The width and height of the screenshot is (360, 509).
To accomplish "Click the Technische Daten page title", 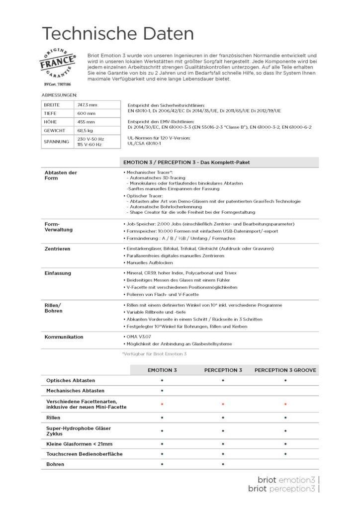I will coord(118,34).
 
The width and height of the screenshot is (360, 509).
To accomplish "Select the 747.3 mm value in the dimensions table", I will coord(87,105).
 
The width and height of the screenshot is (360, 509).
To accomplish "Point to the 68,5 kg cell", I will coord(86,130).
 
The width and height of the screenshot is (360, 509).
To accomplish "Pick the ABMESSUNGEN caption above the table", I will coord(59,94).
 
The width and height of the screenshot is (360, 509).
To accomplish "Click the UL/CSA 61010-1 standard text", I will coord(144,143).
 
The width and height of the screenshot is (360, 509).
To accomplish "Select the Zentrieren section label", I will coord(57,248).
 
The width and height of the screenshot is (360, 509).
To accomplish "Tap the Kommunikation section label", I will coord(64,337).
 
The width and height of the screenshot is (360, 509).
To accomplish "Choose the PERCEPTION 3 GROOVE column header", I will coord(285,370).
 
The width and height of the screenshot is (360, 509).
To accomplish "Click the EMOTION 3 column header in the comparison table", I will coord(162,370).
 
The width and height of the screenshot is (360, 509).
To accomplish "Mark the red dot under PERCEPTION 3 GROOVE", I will coord(285,404).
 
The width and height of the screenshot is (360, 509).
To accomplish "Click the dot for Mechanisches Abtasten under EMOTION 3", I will coord(162,391).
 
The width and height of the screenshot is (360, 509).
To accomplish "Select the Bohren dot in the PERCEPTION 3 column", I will coord(223,464).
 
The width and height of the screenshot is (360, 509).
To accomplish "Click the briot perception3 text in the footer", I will coord(281,489).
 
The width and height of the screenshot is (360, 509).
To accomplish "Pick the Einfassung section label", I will coord(58,273).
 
